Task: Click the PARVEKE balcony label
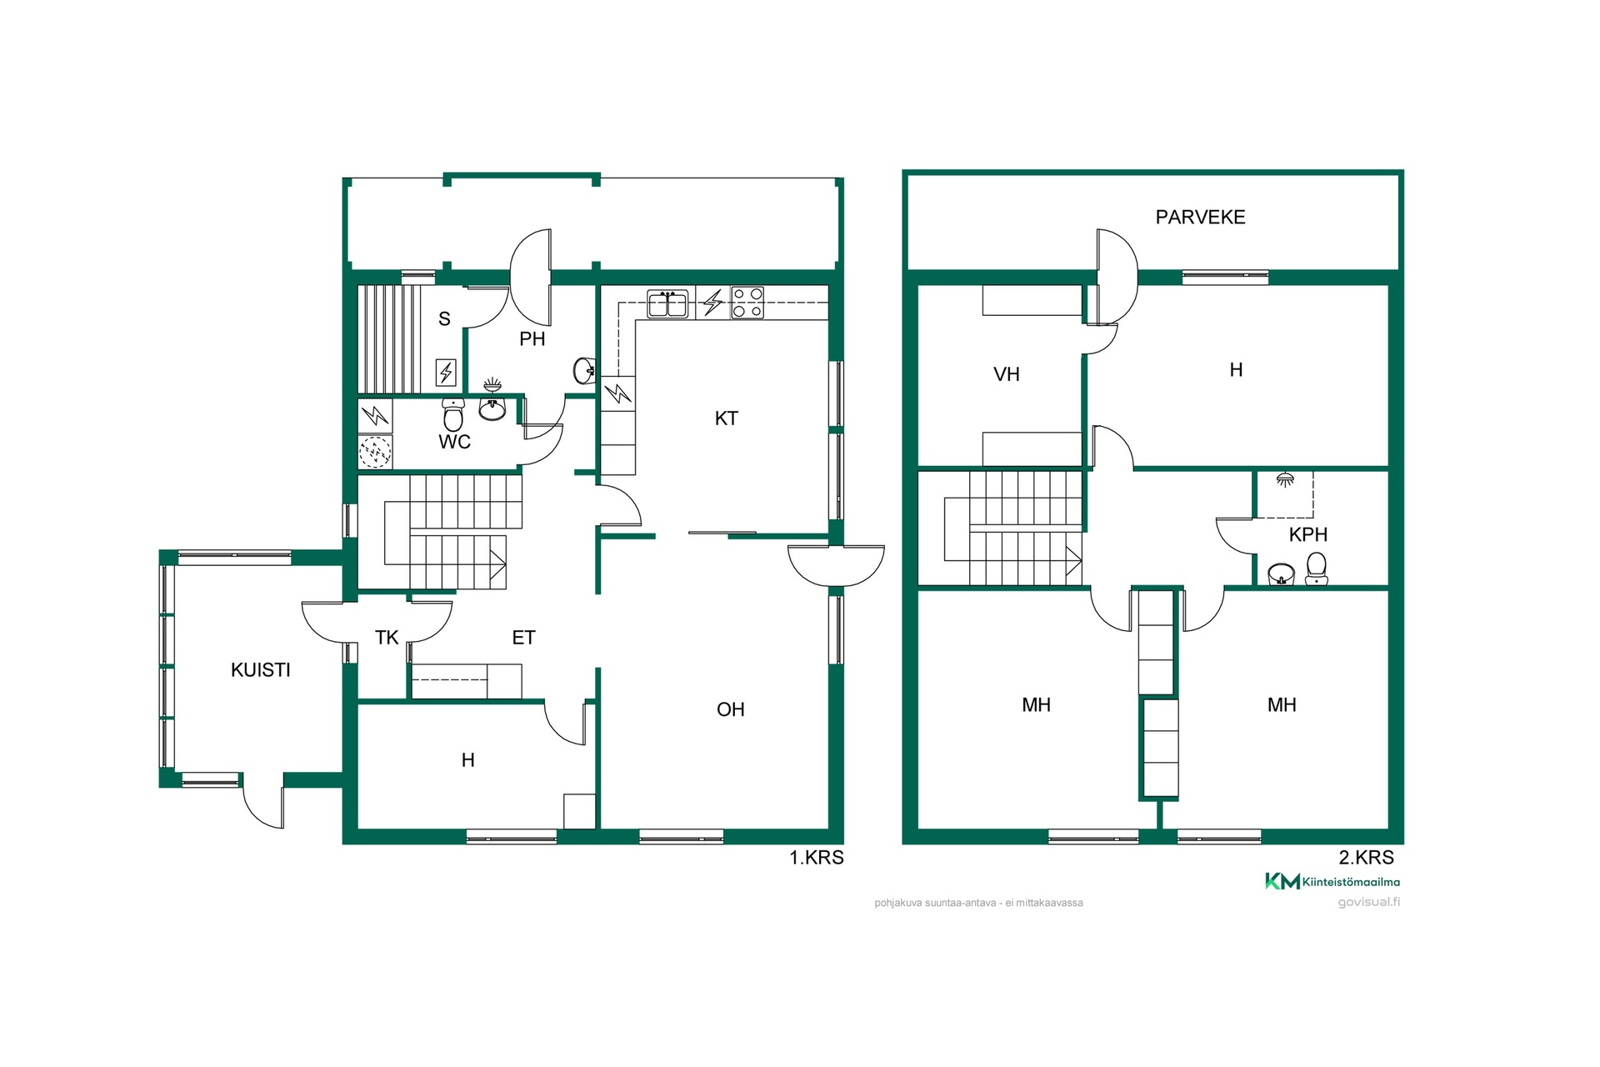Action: (1200, 218)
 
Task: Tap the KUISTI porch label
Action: (261, 670)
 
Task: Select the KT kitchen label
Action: (727, 418)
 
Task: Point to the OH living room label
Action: (731, 709)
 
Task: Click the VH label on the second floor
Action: (1007, 374)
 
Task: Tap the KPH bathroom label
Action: (1308, 535)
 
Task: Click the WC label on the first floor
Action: (455, 442)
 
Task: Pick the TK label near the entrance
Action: (387, 638)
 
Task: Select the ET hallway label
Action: (523, 638)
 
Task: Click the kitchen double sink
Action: (667, 303)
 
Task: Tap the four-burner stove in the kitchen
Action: (747, 303)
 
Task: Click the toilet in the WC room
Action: (453, 414)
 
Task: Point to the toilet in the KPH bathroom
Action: (1317, 569)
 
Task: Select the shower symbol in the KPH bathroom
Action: (1286, 479)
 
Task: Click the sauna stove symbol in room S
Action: (447, 372)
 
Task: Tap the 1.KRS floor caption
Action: (817, 858)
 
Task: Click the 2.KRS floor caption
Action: (1367, 858)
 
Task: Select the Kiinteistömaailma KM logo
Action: (1332, 881)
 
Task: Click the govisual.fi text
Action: (1369, 903)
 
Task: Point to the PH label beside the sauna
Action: (532, 339)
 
